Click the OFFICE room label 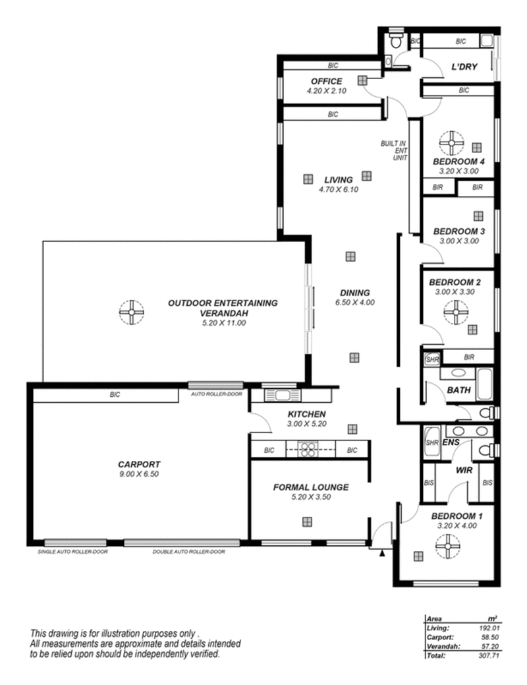326,81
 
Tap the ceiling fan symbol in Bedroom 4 451,142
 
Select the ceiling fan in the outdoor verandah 132,312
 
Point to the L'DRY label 464,67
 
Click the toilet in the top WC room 396,40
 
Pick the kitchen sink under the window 282,396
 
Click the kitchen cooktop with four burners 308,450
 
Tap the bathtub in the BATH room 485,384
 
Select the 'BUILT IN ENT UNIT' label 394,150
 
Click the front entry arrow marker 382,554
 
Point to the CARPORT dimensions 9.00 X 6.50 139,474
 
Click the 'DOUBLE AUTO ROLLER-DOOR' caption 188,552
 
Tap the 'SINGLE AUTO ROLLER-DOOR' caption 72,552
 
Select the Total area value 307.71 489,655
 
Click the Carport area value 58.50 491,638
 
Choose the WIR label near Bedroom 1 464,471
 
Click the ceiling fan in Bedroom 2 456,313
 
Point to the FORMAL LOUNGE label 311,487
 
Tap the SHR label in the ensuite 431,442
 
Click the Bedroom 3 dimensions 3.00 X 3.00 459,241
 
